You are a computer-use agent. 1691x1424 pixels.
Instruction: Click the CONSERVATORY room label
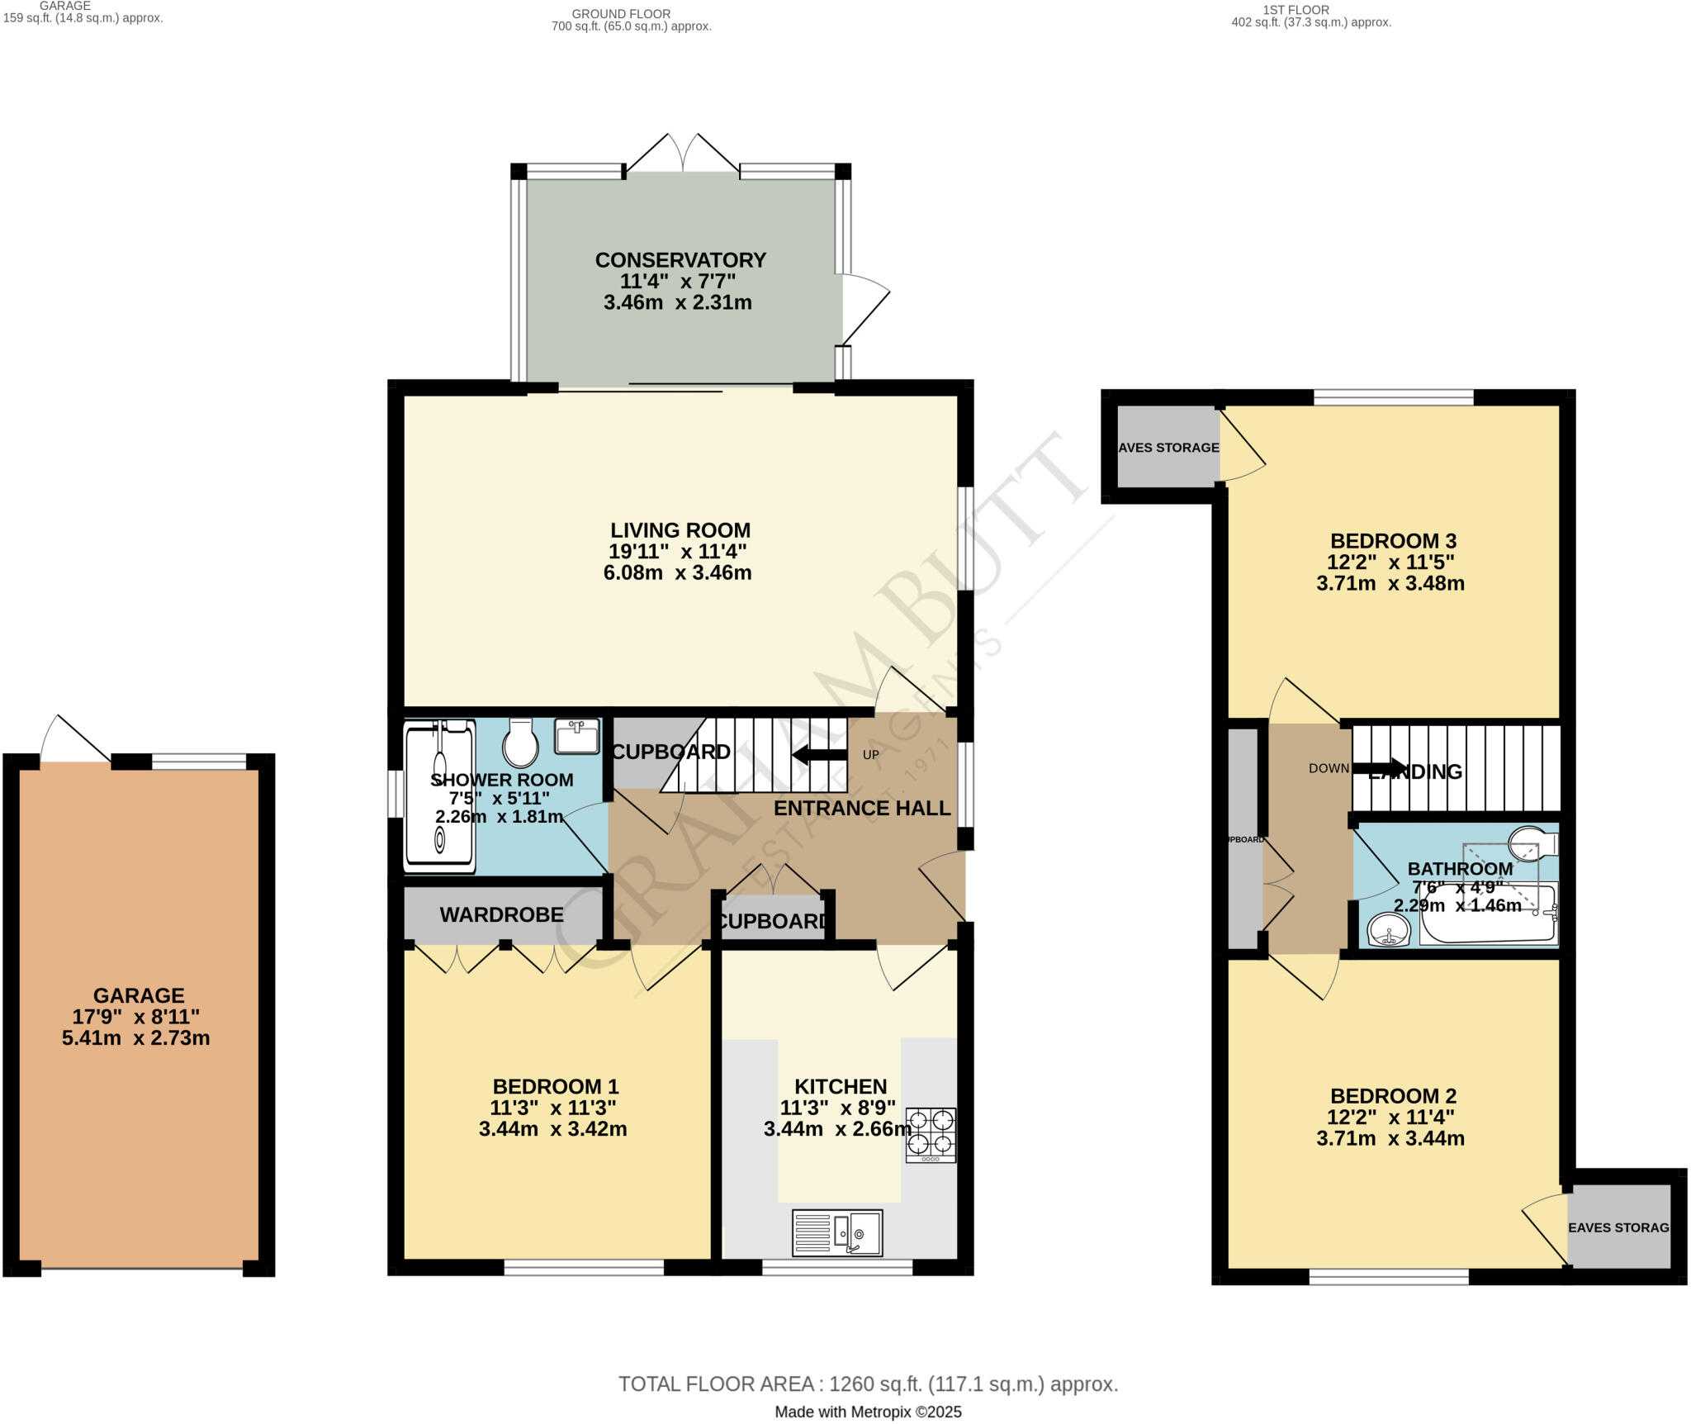(680, 260)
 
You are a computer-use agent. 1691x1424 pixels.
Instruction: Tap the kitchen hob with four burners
(931, 1134)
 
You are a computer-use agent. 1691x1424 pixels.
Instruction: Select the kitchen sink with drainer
(837, 1233)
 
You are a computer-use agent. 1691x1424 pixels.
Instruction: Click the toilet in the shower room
(520, 742)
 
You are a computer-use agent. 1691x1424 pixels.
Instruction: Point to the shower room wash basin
(577, 736)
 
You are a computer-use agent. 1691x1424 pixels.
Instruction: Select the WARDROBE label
(501, 914)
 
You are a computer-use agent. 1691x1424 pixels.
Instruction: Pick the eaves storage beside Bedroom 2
(1618, 1227)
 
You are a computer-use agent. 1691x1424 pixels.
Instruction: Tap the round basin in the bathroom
(1389, 930)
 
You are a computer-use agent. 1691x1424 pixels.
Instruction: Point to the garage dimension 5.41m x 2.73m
(136, 1038)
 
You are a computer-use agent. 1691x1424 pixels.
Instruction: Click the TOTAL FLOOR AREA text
(868, 1384)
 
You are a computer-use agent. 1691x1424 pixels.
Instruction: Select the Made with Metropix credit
(868, 1412)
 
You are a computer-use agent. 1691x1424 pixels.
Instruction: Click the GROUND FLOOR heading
(621, 13)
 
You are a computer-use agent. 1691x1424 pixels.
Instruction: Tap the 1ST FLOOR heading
(1295, 10)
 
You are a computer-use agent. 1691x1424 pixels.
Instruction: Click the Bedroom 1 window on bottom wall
(584, 1267)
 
